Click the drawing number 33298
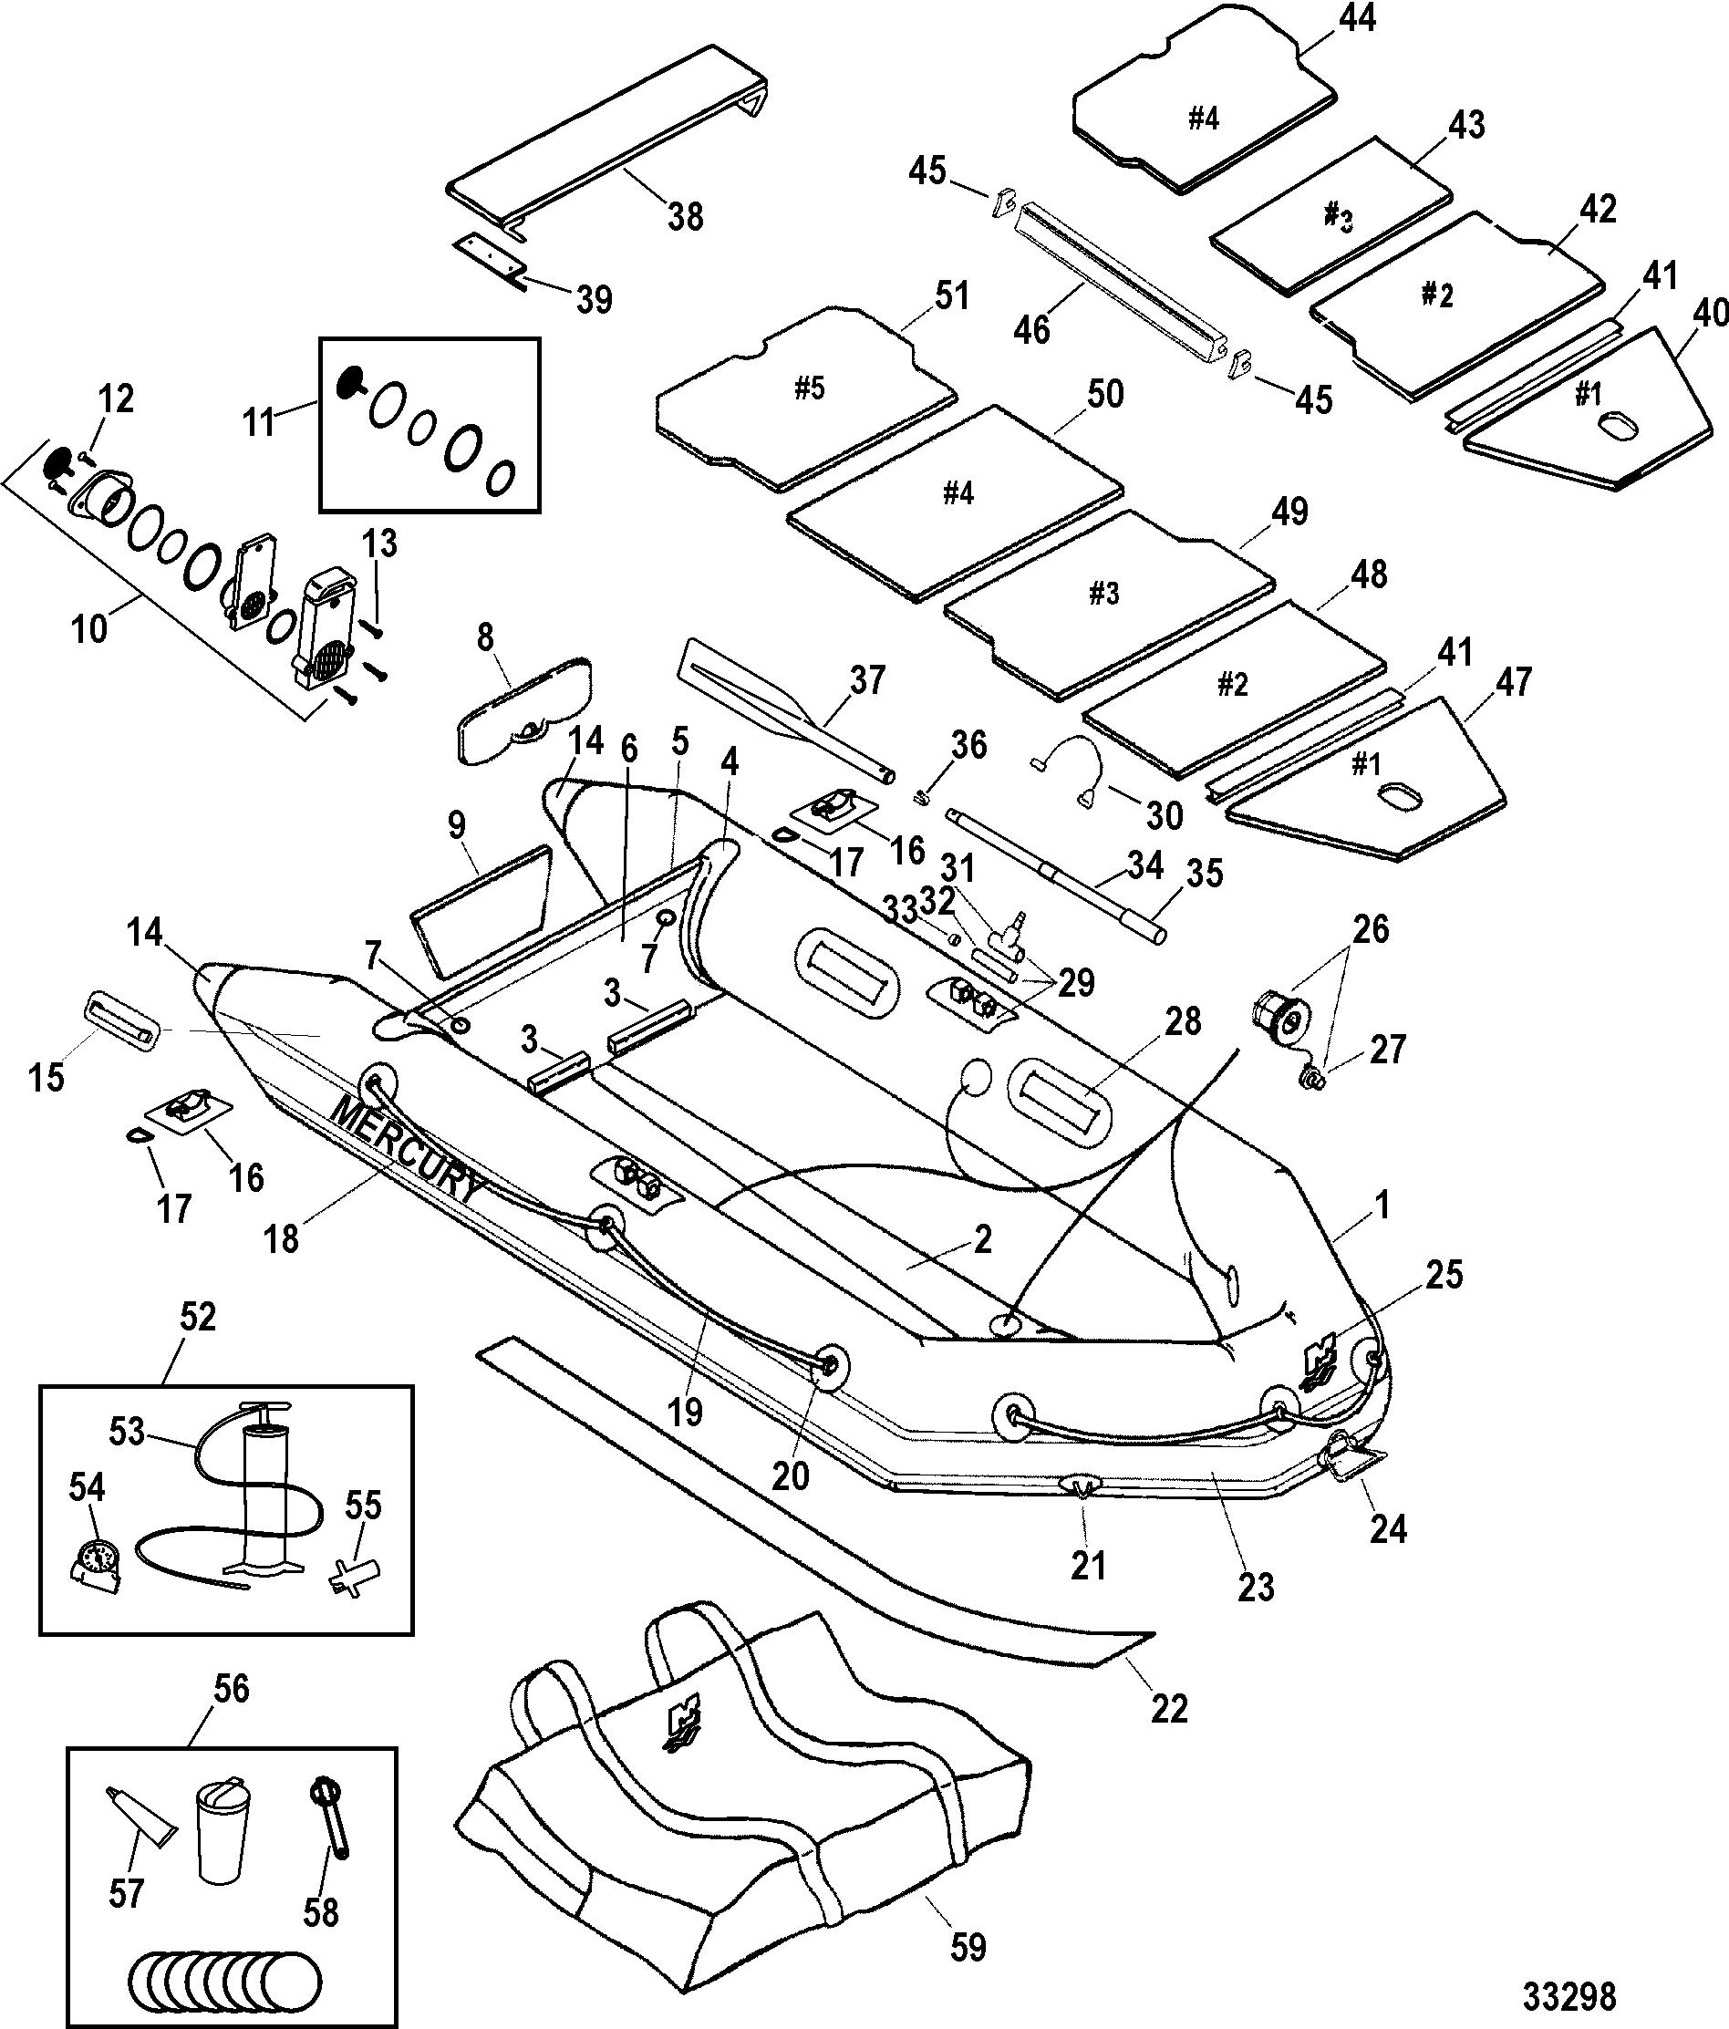(x=1569, y=1995)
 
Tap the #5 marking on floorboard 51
(x=809, y=388)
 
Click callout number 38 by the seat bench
(x=686, y=215)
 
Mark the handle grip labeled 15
(x=123, y=1020)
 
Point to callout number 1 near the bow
(x=1382, y=1206)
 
